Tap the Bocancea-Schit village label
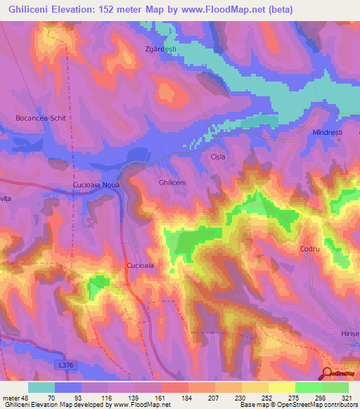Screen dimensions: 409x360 (41, 118)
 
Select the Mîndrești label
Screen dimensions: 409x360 (326, 132)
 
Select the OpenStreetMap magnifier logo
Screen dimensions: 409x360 (329, 374)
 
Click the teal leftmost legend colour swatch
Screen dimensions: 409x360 (41, 387)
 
